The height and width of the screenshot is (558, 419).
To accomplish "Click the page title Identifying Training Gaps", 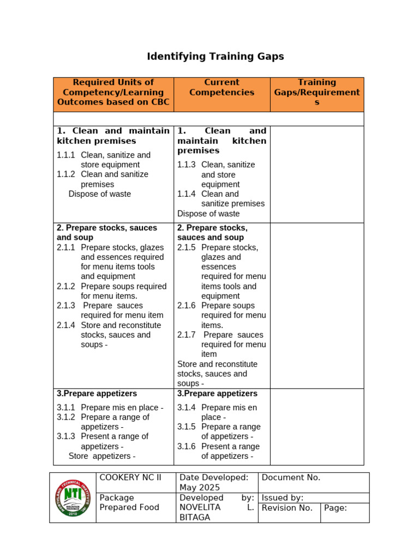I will [x=216, y=57].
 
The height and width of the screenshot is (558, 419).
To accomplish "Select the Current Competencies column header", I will [x=222, y=87].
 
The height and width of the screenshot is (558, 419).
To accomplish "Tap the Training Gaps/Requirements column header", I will [x=317, y=92].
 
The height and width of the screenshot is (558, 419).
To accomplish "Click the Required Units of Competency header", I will [x=113, y=92].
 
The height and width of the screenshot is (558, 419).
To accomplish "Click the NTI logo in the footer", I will [x=73, y=497].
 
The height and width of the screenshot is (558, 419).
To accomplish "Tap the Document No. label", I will [x=291, y=478].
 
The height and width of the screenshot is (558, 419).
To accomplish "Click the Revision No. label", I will [x=287, y=508].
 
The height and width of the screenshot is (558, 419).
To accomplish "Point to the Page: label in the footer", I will [x=336, y=508].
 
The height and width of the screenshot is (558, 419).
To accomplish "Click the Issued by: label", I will [x=283, y=498].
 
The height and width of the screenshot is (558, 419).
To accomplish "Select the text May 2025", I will [x=200, y=488].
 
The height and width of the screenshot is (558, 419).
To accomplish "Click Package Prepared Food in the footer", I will [x=129, y=502].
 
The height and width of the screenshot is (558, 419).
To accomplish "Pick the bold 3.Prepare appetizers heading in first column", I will [x=97, y=393].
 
